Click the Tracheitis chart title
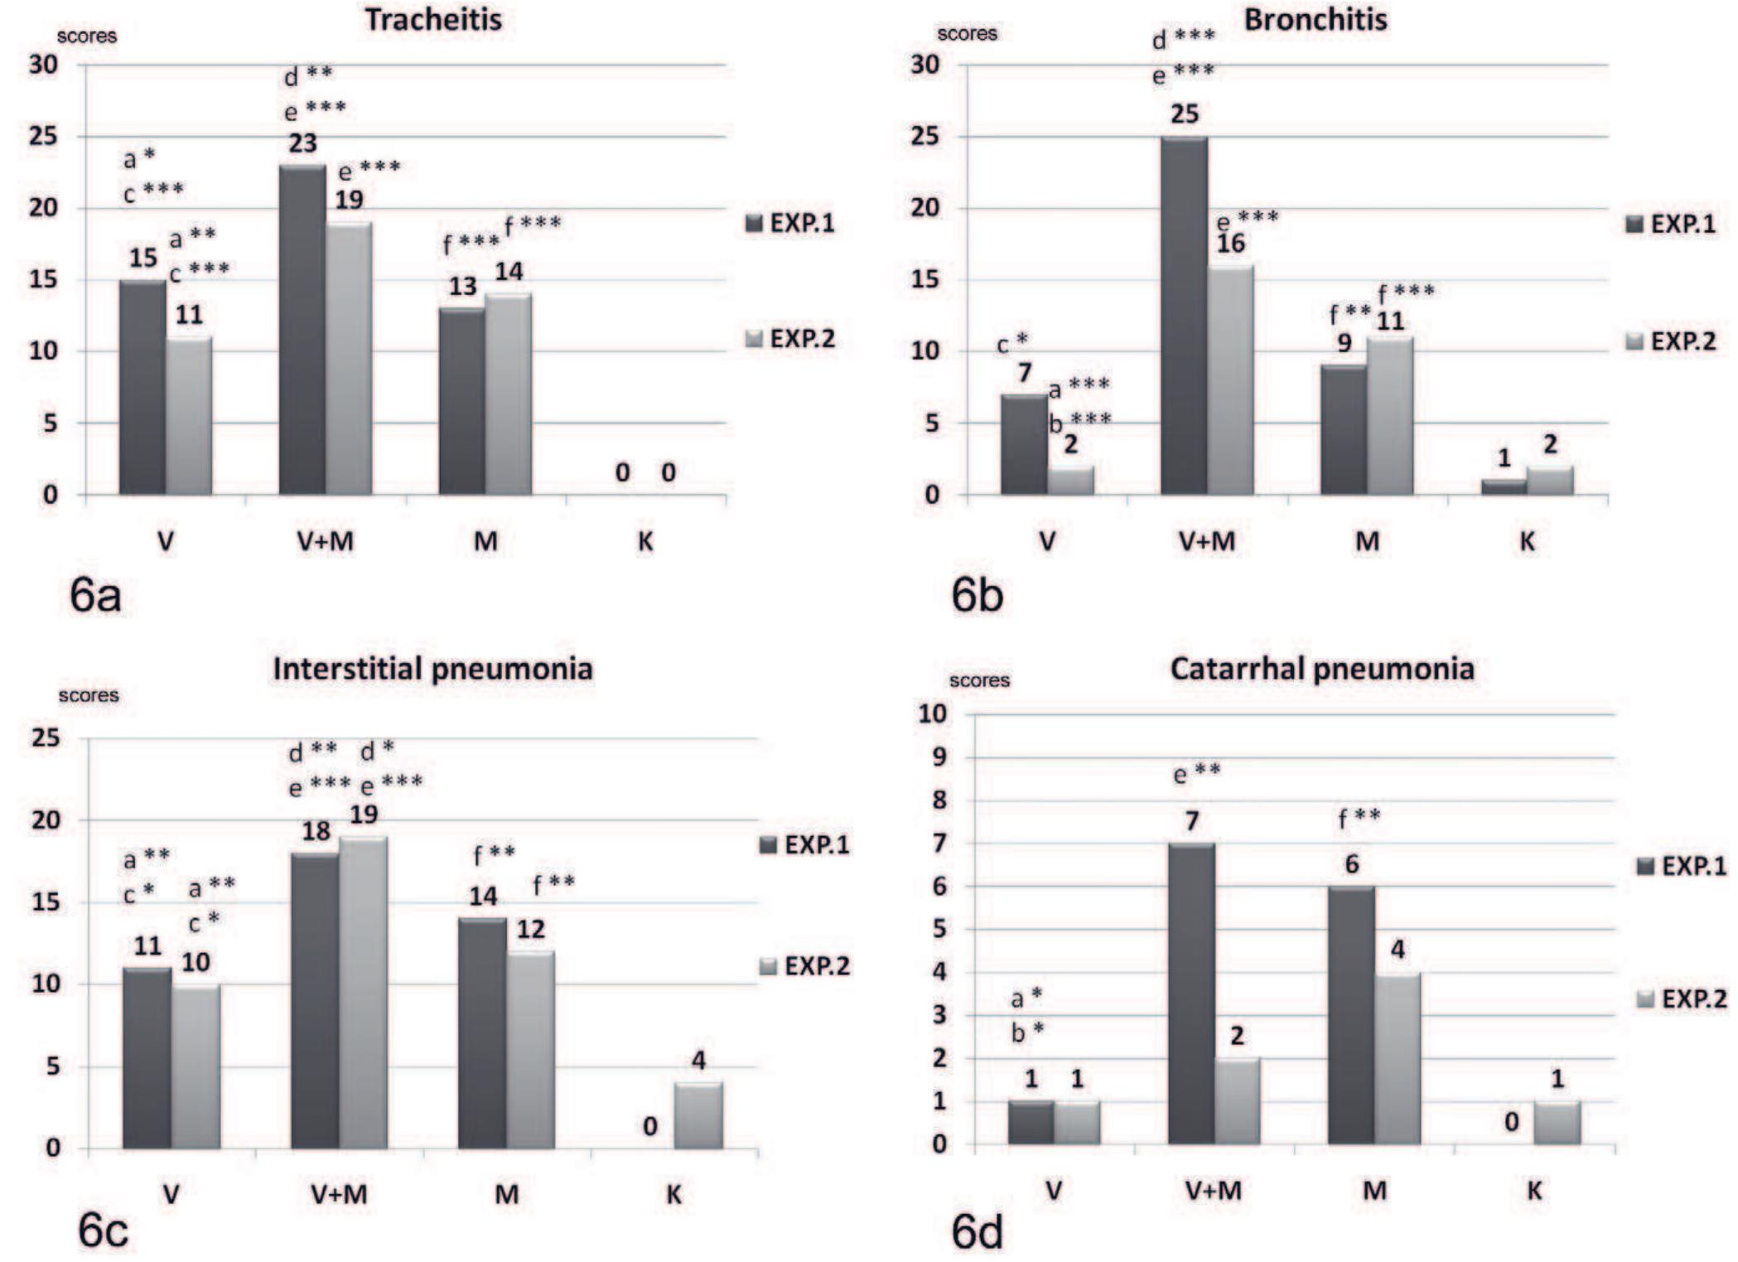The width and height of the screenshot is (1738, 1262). click(433, 19)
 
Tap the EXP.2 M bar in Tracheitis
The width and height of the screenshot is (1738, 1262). click(509, 394)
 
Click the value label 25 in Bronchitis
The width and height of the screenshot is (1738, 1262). click(1184, 114)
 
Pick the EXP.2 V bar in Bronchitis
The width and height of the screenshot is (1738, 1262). click(1070, 481)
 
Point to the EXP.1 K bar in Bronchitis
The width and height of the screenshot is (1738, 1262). click(1504, 487)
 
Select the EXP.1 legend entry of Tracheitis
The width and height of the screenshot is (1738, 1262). click(790, 223)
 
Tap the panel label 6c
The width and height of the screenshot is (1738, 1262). click(103, 1231)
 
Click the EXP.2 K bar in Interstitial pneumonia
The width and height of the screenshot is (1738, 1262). click(698, 1115)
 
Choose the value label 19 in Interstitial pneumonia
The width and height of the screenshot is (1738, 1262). click(364, 815)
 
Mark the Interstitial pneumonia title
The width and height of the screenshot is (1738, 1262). click(432, 669)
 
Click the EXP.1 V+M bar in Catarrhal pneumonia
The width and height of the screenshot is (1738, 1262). click(1191, 994)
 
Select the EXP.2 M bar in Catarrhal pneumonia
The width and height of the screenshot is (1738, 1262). click(1398, 1059)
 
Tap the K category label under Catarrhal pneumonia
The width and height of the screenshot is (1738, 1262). click(1533, 1191)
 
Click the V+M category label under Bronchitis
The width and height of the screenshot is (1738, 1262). click(1206, 541)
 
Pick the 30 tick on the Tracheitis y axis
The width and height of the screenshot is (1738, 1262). click(43, 65)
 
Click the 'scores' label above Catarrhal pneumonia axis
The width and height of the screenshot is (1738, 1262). click(979, 680)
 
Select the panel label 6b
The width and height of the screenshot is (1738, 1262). click(977, 595)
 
